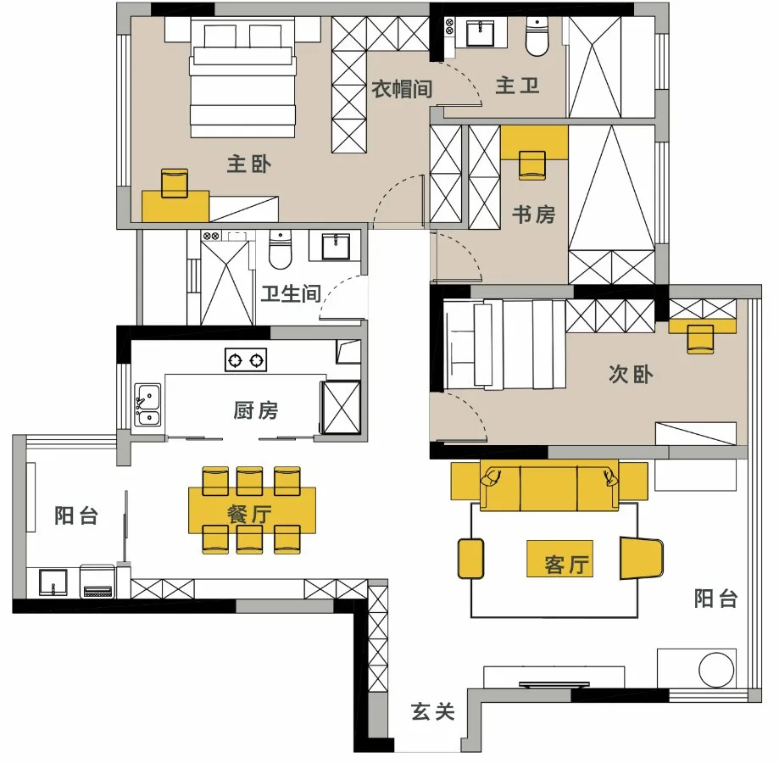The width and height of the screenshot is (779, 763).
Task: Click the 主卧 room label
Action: coord(249,164)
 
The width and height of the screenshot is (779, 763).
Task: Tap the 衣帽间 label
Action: coord(403,88)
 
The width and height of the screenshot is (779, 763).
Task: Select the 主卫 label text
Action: coord(517,86)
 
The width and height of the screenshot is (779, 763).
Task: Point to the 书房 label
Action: coord(533,214)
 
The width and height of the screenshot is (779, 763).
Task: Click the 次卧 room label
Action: coord(631,374)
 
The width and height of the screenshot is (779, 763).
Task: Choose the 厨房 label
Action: coord(255,411)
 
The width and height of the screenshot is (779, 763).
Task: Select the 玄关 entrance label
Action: coord(433,712)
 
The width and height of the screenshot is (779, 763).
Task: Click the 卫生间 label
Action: coord(290,293)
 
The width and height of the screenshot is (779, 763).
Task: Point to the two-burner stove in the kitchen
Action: coord(246,360)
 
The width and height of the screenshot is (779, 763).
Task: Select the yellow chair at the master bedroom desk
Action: coord(175,182)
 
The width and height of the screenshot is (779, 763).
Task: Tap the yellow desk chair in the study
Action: coord(532,164)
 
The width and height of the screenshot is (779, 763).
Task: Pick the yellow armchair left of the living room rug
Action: coord(470,558)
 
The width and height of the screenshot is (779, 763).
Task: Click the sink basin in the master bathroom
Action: coord(481,34)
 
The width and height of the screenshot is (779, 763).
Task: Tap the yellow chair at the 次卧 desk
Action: coord(701,338)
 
